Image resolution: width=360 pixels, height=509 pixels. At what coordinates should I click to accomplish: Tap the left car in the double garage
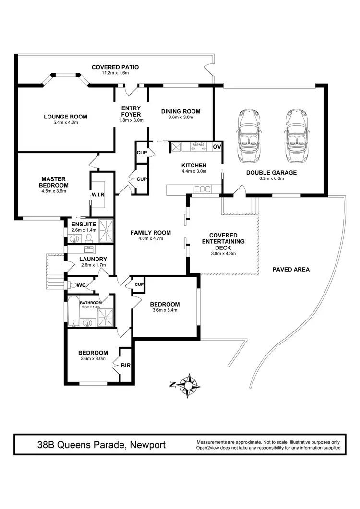[x=248, y=136]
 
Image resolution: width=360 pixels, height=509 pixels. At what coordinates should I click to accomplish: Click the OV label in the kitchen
[x=217, y=147]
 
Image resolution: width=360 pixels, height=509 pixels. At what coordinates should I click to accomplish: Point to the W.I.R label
[x=98, y=194]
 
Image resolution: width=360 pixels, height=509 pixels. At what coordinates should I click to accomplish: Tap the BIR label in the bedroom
[x=126, y=365]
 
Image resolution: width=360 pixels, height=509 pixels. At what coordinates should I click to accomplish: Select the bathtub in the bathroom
[x=73, y=312]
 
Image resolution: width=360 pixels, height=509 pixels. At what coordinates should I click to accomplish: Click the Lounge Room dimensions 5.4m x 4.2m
[x=65, y=123]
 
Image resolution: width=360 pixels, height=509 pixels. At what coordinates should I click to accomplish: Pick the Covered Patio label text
[x=115, y=67]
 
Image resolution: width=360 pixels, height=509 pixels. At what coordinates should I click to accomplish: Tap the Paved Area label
[x=291, y=270]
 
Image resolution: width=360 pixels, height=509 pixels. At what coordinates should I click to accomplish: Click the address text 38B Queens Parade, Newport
[x=101, y=445]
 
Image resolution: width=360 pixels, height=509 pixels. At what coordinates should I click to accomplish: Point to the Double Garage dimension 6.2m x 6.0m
[x=271, y=179]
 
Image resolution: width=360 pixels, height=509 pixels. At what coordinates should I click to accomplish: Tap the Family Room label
[x=151, y=233]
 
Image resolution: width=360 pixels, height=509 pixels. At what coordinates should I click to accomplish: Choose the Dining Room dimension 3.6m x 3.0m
[x=180, y=118]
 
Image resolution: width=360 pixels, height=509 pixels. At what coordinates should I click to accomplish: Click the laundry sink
[x=89, y=249]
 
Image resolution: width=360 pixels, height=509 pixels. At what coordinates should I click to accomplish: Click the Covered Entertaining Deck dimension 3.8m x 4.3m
[x=223, y=254]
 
